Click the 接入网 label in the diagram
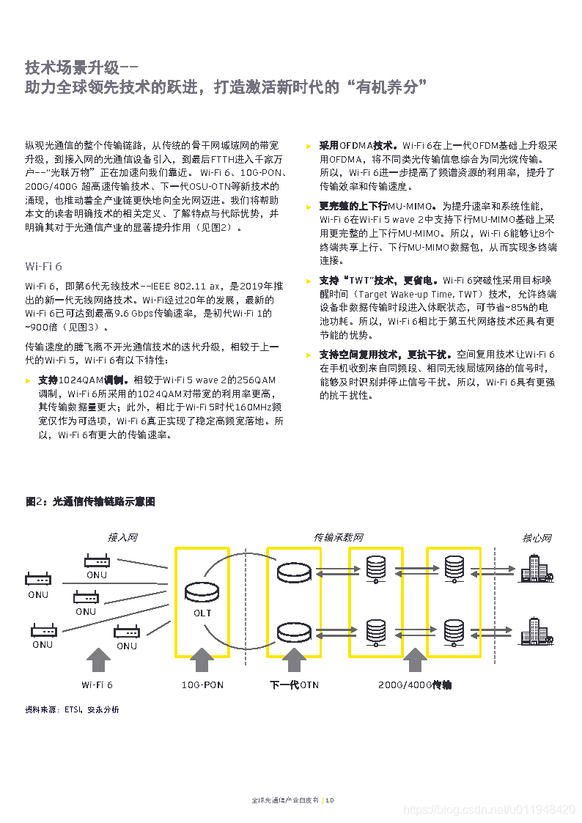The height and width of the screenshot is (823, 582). (x=122, y=538)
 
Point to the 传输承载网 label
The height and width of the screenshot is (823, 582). (x=338, y=538)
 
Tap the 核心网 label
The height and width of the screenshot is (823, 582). (x=537, y=538)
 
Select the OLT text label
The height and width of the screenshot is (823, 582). (x=202, y=613)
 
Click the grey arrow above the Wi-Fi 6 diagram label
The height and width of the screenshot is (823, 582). (x=98, y=659)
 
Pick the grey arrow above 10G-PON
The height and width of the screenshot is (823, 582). (x=202, y=659)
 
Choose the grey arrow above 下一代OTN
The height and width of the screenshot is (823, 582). (x=295, y=659)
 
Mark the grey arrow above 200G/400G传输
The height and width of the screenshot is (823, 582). (x=415, y=659)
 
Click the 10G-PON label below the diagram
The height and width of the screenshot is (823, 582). (x=202, y=685)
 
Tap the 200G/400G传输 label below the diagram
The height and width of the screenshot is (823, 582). (x=415, y=685)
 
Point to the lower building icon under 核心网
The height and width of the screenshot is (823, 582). (x=537, y=632)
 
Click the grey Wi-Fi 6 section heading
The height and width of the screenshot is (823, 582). (x=44, y=265)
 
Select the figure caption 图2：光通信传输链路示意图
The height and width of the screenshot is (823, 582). (x=90, y=502)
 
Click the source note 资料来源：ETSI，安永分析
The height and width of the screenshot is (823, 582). (x=72, y=709)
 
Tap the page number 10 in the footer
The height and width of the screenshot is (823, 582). (x=330, y=800)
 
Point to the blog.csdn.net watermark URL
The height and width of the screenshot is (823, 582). (x=490, y=809)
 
